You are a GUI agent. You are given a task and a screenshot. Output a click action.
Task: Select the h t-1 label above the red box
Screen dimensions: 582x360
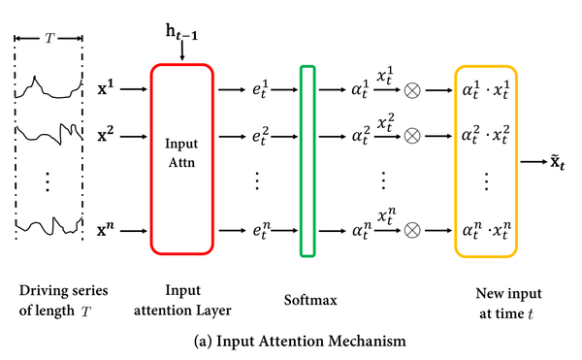[x=181, y=32]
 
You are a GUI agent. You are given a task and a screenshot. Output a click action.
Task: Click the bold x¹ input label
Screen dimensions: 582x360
[x=106, y=88]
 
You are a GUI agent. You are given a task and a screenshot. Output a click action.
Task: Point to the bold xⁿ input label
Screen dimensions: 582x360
[x=106, y=230]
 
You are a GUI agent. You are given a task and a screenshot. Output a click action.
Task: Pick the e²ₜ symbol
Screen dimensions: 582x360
[x=261, y=136]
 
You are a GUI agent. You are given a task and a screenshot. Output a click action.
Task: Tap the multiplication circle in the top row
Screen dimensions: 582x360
[x=412, y=90]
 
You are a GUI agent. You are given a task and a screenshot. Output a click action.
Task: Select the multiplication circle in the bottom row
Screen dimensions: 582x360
[x=412, y=231]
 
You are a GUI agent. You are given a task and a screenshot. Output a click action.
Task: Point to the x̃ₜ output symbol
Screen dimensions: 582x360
[x=557, y=162]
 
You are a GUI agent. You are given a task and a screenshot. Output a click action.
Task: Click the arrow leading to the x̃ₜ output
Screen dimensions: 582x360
[x=533, y=162]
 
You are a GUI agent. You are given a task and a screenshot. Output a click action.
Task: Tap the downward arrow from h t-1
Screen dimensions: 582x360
[x=182, y=50]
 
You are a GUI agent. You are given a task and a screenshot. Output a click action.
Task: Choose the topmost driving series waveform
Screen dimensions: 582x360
[x=48, y=89]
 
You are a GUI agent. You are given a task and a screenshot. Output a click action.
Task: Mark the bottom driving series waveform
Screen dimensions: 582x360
[x=48, y=226]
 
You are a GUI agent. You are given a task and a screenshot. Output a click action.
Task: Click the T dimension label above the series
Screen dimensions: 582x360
[x=49, y=38]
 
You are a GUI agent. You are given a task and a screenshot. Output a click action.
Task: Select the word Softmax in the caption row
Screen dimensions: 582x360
[x=310, y=300]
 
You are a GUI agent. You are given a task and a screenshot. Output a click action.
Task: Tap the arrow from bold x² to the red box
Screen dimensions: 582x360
[x=134, y=137]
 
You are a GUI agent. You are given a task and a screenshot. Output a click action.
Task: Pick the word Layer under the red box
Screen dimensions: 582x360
[x=215, y=311]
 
